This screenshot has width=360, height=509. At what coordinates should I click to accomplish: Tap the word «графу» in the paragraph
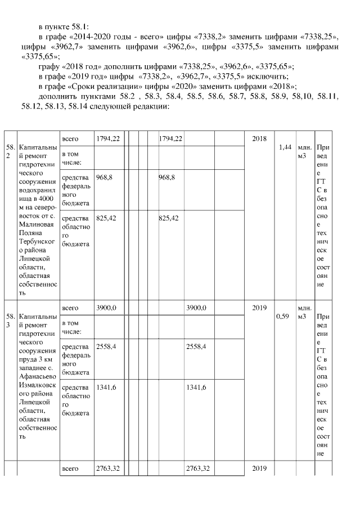pyautogui.click(x=49, y=66)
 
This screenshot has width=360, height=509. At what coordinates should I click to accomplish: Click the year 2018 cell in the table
pyautogui.click(x=259, y=138)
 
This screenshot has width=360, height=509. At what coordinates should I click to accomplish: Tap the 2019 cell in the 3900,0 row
pyautogui.click(x=259, y=308)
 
